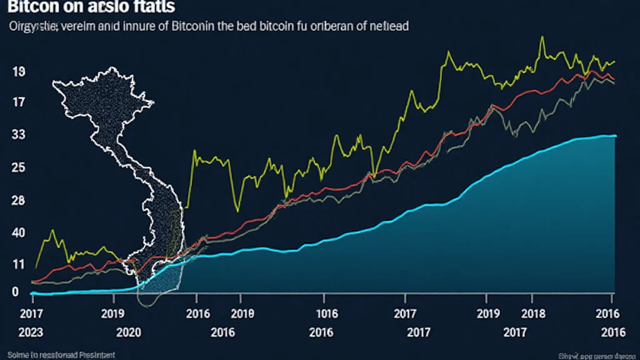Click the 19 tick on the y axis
click(x=18, y=71)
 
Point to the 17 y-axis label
click(x=18, y=102)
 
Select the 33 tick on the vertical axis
click(x=18, y=134)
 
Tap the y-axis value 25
click(x=18, y=167)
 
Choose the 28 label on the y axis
click(x=18, y=201)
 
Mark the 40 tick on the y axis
click(x=18, y=233)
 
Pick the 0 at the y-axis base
click(x=15, y=292)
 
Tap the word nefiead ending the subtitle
click(x=387, y=27)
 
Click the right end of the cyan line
click(x=615, y=136)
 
